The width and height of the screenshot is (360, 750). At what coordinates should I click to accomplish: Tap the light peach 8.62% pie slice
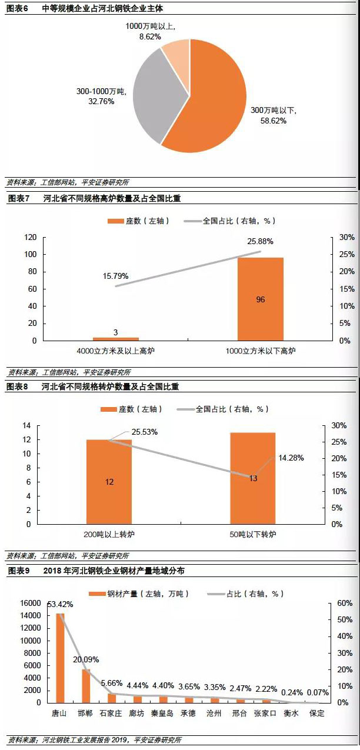(x=175, y=52)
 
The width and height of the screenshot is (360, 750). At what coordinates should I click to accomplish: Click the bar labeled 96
(x=260, y=299)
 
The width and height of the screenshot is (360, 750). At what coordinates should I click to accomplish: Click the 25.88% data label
(x=260, y=241)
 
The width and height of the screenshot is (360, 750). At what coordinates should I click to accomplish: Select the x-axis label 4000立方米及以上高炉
(x=115, y=351)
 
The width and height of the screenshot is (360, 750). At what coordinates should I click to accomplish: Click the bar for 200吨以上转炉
(x=109, y=481)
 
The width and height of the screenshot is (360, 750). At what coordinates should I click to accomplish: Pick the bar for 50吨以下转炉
(x=252, y=478)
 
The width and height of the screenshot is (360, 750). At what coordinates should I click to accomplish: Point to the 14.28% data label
(x=291, y=458)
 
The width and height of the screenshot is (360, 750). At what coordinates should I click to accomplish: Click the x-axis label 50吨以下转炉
(x=252, y=535)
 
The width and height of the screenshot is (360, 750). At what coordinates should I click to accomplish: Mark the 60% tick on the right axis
(x=345, y=604)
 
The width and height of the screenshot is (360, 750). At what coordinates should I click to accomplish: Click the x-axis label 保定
(x=316, y=713)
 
